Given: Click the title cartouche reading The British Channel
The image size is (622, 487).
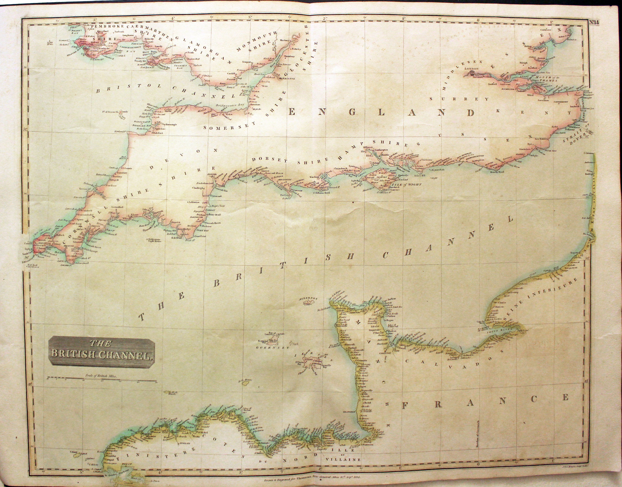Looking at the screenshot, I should pyautogui.click(x=101, y=351).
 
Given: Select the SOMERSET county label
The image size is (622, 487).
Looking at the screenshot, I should pyautogui.click(x=223, y=127).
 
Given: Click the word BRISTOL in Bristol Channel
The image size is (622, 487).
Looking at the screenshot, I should pyautogui.click(x=126, y=88).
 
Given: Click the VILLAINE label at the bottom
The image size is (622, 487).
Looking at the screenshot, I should pyautogui.click(x=343, y=459).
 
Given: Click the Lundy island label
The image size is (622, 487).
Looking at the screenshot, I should pyautogui.click(x=125, y=112).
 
